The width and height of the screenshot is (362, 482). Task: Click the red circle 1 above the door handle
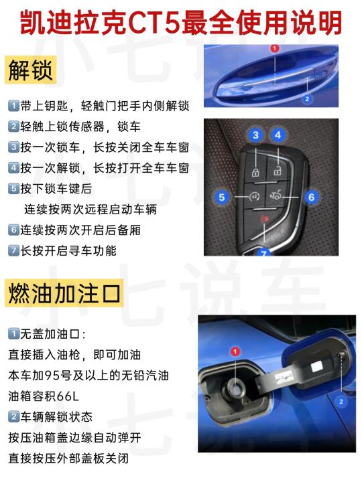(x=275, y=48)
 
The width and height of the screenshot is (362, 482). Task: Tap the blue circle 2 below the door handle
(x=307, y=99)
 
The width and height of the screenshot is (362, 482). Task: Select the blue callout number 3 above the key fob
(x=255, y=135)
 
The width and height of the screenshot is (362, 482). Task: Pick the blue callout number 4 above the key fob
(x=278, y=135)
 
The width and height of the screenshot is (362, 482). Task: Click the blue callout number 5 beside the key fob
(x=222, y=197)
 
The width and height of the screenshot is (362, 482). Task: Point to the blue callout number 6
(x=311, y=197)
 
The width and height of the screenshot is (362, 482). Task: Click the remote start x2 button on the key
(x=254, y=196)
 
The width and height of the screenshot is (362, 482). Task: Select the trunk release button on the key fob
(x=276, y=195)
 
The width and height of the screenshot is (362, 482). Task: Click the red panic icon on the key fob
(x=263, y=219)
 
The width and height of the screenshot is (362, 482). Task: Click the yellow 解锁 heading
(x=30, y=70)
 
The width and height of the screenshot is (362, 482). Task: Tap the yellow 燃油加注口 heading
(x=64, y=293)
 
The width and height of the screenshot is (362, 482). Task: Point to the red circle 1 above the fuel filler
(x=235, y=351)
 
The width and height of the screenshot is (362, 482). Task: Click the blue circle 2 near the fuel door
(x=341, y=402)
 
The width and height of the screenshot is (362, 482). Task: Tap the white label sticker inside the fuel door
(x=316, y=367)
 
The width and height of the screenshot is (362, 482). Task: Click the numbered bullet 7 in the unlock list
(x=13, y=250)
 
